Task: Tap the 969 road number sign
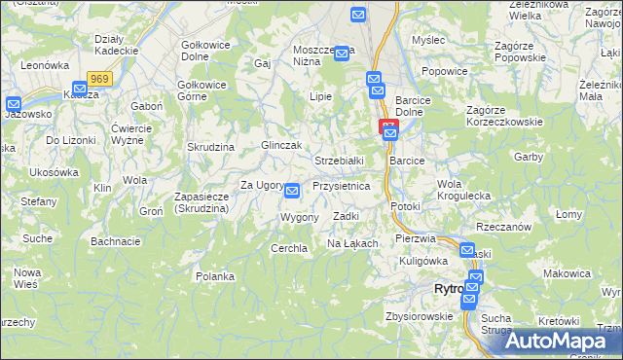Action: (x=98, y=78)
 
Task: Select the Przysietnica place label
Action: (x=341, y=185)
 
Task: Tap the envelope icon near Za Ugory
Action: (x=291, y=192)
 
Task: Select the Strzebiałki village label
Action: (x=339, y=160)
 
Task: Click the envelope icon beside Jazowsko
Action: (x=13, y=104)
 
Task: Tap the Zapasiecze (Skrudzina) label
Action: (x=201, y=202)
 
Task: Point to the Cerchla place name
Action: (x=289, y=248)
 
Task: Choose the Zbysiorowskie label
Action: (x=420, y=315)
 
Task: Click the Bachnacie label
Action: (x=116, y=240)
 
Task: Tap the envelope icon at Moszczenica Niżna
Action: (x=342, y=54)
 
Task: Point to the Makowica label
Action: (x=567, y=273)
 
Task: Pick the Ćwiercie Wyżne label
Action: (x=136, y=134)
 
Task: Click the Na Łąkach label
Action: (x=351, y=242)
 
